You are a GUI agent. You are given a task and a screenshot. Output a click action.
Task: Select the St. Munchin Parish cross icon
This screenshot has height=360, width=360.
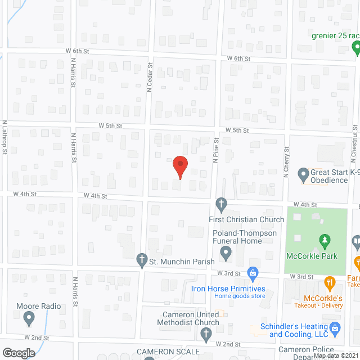tap(142, 260)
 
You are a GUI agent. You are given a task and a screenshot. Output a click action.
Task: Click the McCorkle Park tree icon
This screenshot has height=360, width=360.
tap(324, 241)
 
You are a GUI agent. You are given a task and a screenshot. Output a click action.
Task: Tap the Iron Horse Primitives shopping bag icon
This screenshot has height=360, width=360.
tap(253, 274)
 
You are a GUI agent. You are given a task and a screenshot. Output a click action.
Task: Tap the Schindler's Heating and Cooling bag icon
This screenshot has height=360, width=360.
tap(335, 327)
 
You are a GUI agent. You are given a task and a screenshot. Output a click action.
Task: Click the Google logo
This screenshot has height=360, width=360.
tap(18, 353)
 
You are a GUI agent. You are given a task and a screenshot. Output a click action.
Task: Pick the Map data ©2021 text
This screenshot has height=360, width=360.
tap(336, 355)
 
